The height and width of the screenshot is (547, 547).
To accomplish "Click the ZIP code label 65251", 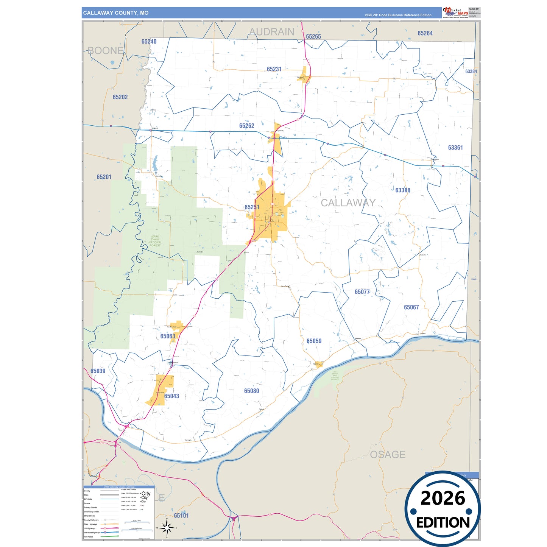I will pos(252,207).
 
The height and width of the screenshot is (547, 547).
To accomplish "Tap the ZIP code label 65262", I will pos(246,126).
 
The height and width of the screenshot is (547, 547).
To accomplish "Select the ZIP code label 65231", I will pos(274,69).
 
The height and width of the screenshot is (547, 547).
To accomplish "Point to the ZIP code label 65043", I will pos(171,396).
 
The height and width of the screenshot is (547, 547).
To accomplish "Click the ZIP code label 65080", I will pos(251,391).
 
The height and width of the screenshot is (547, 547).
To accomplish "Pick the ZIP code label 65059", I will pos(314,341).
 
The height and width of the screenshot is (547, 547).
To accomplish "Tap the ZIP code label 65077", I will pos(362,292).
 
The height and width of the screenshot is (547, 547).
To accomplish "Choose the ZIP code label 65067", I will pos(411,307).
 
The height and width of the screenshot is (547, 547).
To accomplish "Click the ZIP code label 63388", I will pos(402,190).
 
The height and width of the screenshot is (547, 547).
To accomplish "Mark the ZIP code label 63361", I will pos(455,148).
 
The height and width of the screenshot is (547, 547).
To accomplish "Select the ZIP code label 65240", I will pos(149,42).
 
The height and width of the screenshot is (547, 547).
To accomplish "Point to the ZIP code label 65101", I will pos(181,516).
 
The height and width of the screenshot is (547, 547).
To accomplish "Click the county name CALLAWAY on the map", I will pos(348,203).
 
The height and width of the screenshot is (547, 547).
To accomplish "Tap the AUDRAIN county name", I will pos(271,32).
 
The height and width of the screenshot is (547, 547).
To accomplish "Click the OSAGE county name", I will pos(388,454).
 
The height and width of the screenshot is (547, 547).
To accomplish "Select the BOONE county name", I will pos(106,50).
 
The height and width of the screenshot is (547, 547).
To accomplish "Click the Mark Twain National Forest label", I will pos(155,241).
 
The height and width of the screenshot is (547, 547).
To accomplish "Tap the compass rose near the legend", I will pos(167,527).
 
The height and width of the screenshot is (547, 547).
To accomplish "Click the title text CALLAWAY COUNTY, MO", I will pos(116,13).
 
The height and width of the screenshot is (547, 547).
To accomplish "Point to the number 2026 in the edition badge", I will pos(443,498).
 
